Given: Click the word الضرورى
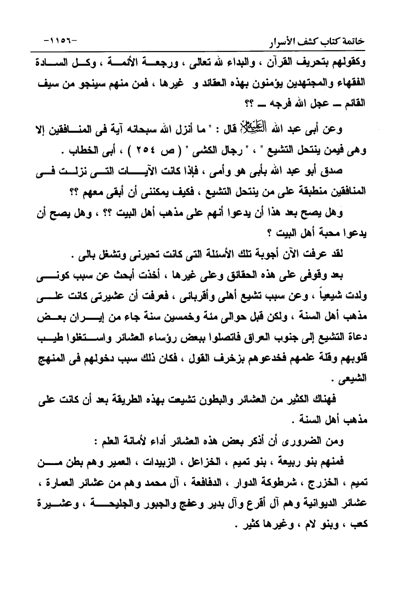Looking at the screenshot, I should [314, 441].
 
